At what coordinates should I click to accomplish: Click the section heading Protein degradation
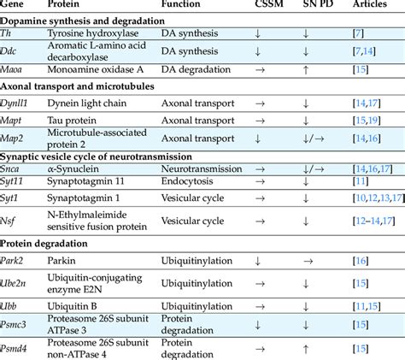[51, 241]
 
